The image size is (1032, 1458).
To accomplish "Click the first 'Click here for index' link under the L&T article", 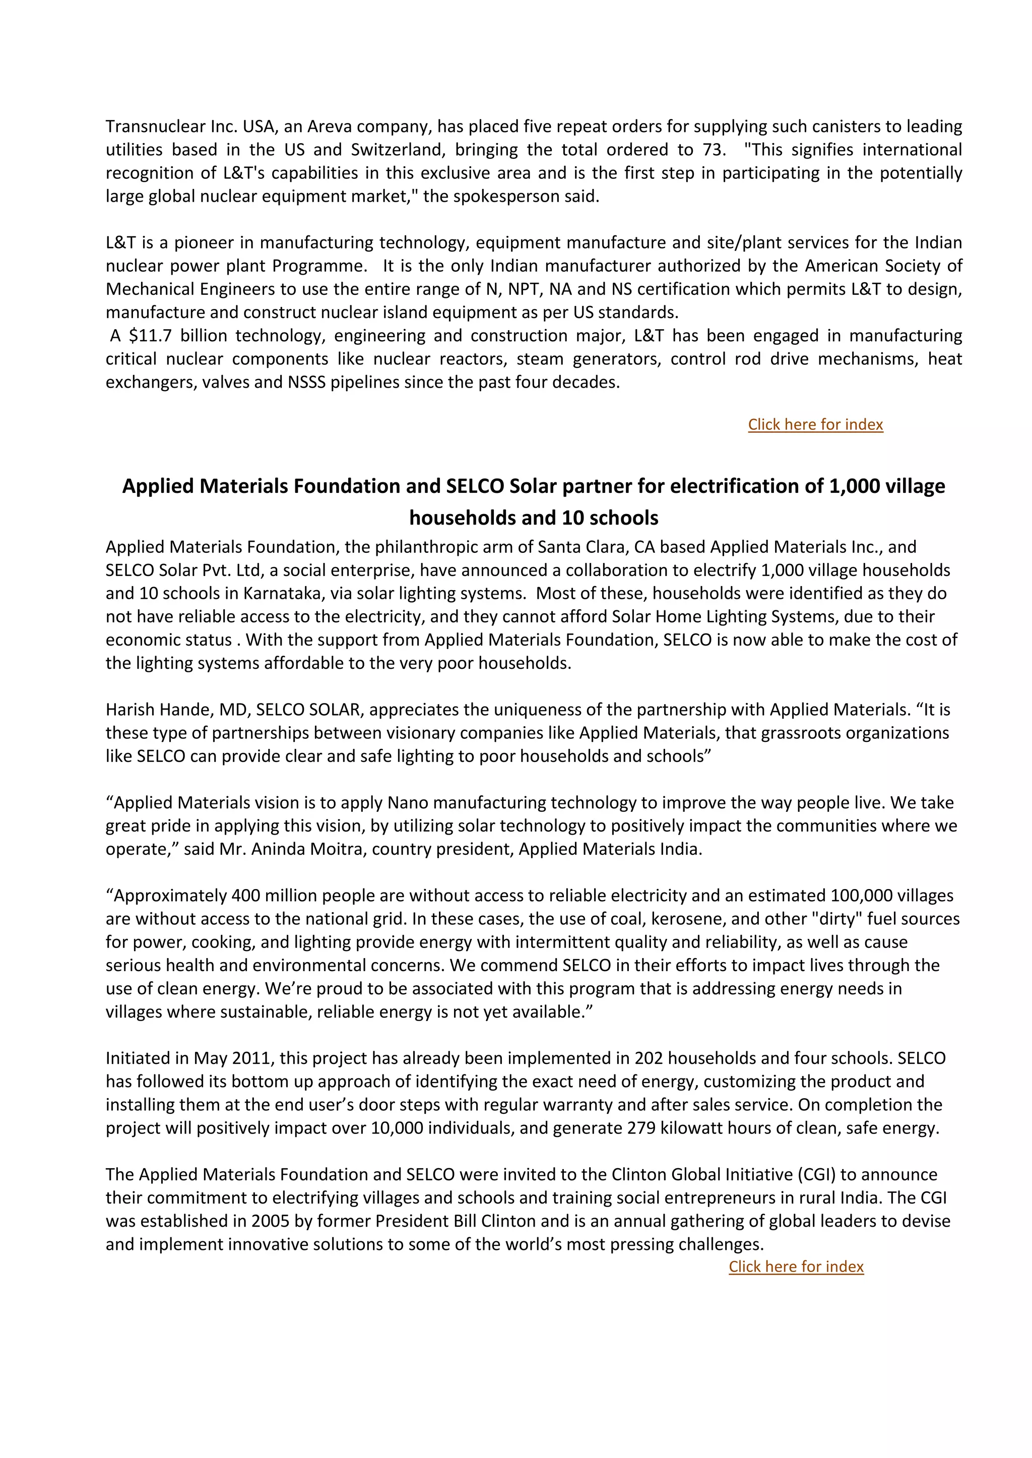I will pyautogui.click(x=815, y=424).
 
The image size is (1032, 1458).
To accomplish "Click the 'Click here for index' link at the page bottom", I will pyautogui.click(x=796, y=1266).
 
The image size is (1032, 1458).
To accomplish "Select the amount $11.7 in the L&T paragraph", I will pyautogui.click(x=150, y=336).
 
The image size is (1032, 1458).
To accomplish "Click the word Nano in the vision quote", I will pyautogui.click(x=406, y=803).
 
